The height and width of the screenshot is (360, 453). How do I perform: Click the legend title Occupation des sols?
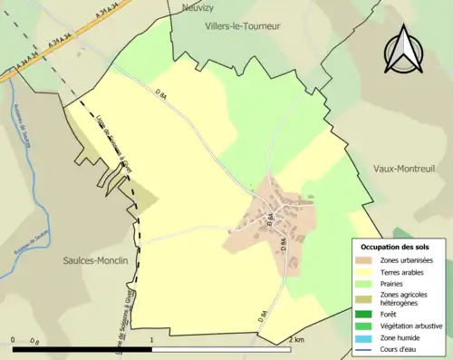[396, 247]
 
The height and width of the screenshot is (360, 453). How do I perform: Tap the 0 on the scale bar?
[14, 339]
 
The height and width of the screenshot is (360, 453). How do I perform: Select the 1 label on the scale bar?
[151, 339]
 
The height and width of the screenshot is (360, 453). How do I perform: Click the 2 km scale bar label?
[296, 339]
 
